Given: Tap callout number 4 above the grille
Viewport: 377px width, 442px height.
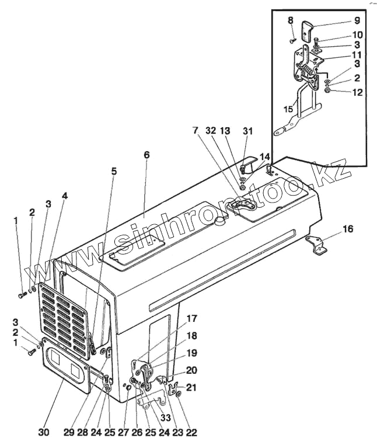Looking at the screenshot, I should pos(64,196).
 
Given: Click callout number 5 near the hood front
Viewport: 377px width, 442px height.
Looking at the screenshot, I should pos(113,172).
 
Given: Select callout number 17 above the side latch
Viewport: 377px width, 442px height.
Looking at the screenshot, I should pos(192,319).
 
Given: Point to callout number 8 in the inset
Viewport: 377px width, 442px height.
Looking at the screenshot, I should pos(290,21).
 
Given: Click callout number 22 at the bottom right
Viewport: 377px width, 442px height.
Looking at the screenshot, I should pos(191,432).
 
